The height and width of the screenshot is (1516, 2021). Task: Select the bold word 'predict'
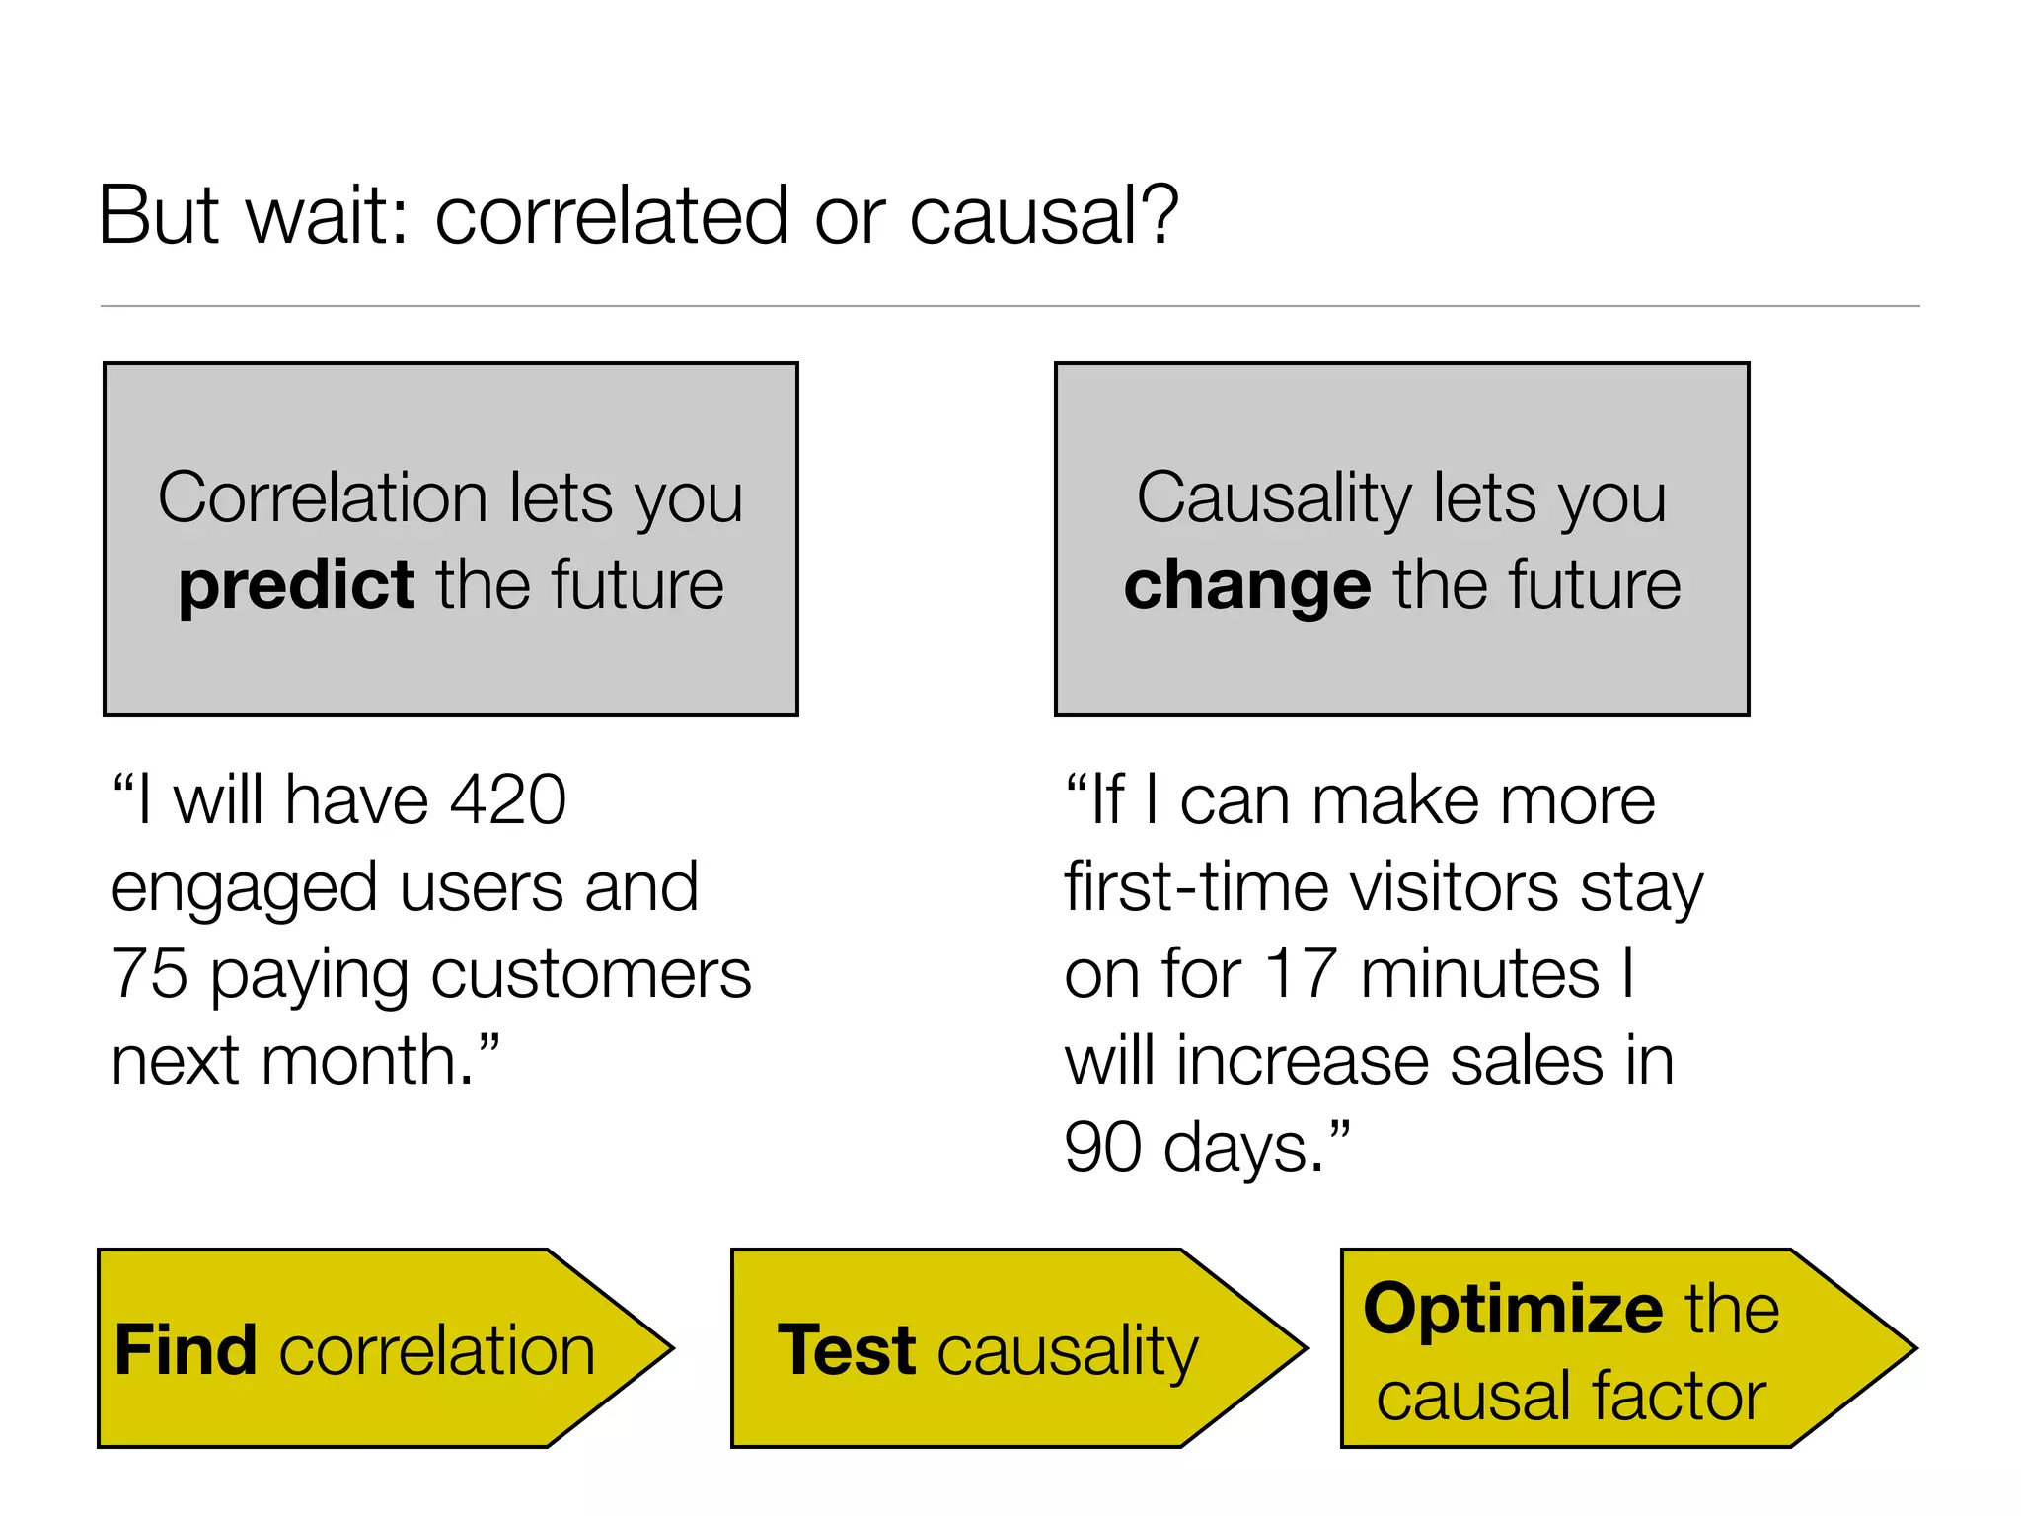pyautogui.click(x=296, y=586)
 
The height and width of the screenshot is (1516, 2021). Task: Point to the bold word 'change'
pyautogui.click(x=1247, y=584)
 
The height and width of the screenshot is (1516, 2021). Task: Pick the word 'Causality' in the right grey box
pyautogui.click(x=1274, y=497)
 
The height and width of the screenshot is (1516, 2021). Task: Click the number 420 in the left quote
pyautogui.click(x=508, y=799)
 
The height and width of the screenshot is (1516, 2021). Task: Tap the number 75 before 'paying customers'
pyautogui.click(x=149, y=974)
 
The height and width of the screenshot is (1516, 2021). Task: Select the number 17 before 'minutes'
pyautogui.click(x=1302, y=974)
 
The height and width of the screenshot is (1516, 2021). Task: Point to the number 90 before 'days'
pyautogui.click(x=1102, y=1148)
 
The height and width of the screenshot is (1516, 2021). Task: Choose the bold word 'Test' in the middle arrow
pyautogui.click(x=847, y=1350)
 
